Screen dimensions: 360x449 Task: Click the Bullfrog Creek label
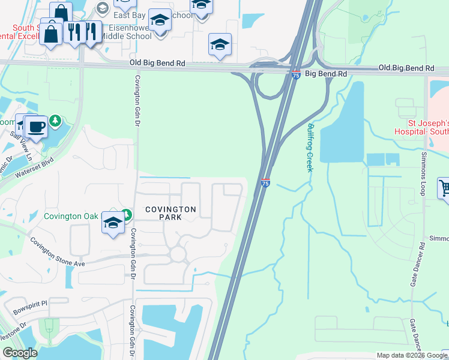click(x=310, y=148)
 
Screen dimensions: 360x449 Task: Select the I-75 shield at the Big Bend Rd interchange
click(x=296, y=74)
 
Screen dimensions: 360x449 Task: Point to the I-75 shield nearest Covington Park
click(x=265, y=182)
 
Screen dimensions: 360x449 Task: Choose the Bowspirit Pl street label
click(x=32, y=304)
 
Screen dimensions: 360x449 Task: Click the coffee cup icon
click(x=36, y=127)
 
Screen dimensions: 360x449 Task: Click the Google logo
click(x=20, y=353)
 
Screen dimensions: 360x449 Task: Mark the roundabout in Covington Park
click(x=178, y=254)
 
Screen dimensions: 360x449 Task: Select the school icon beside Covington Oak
click(x=113, y=223)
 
